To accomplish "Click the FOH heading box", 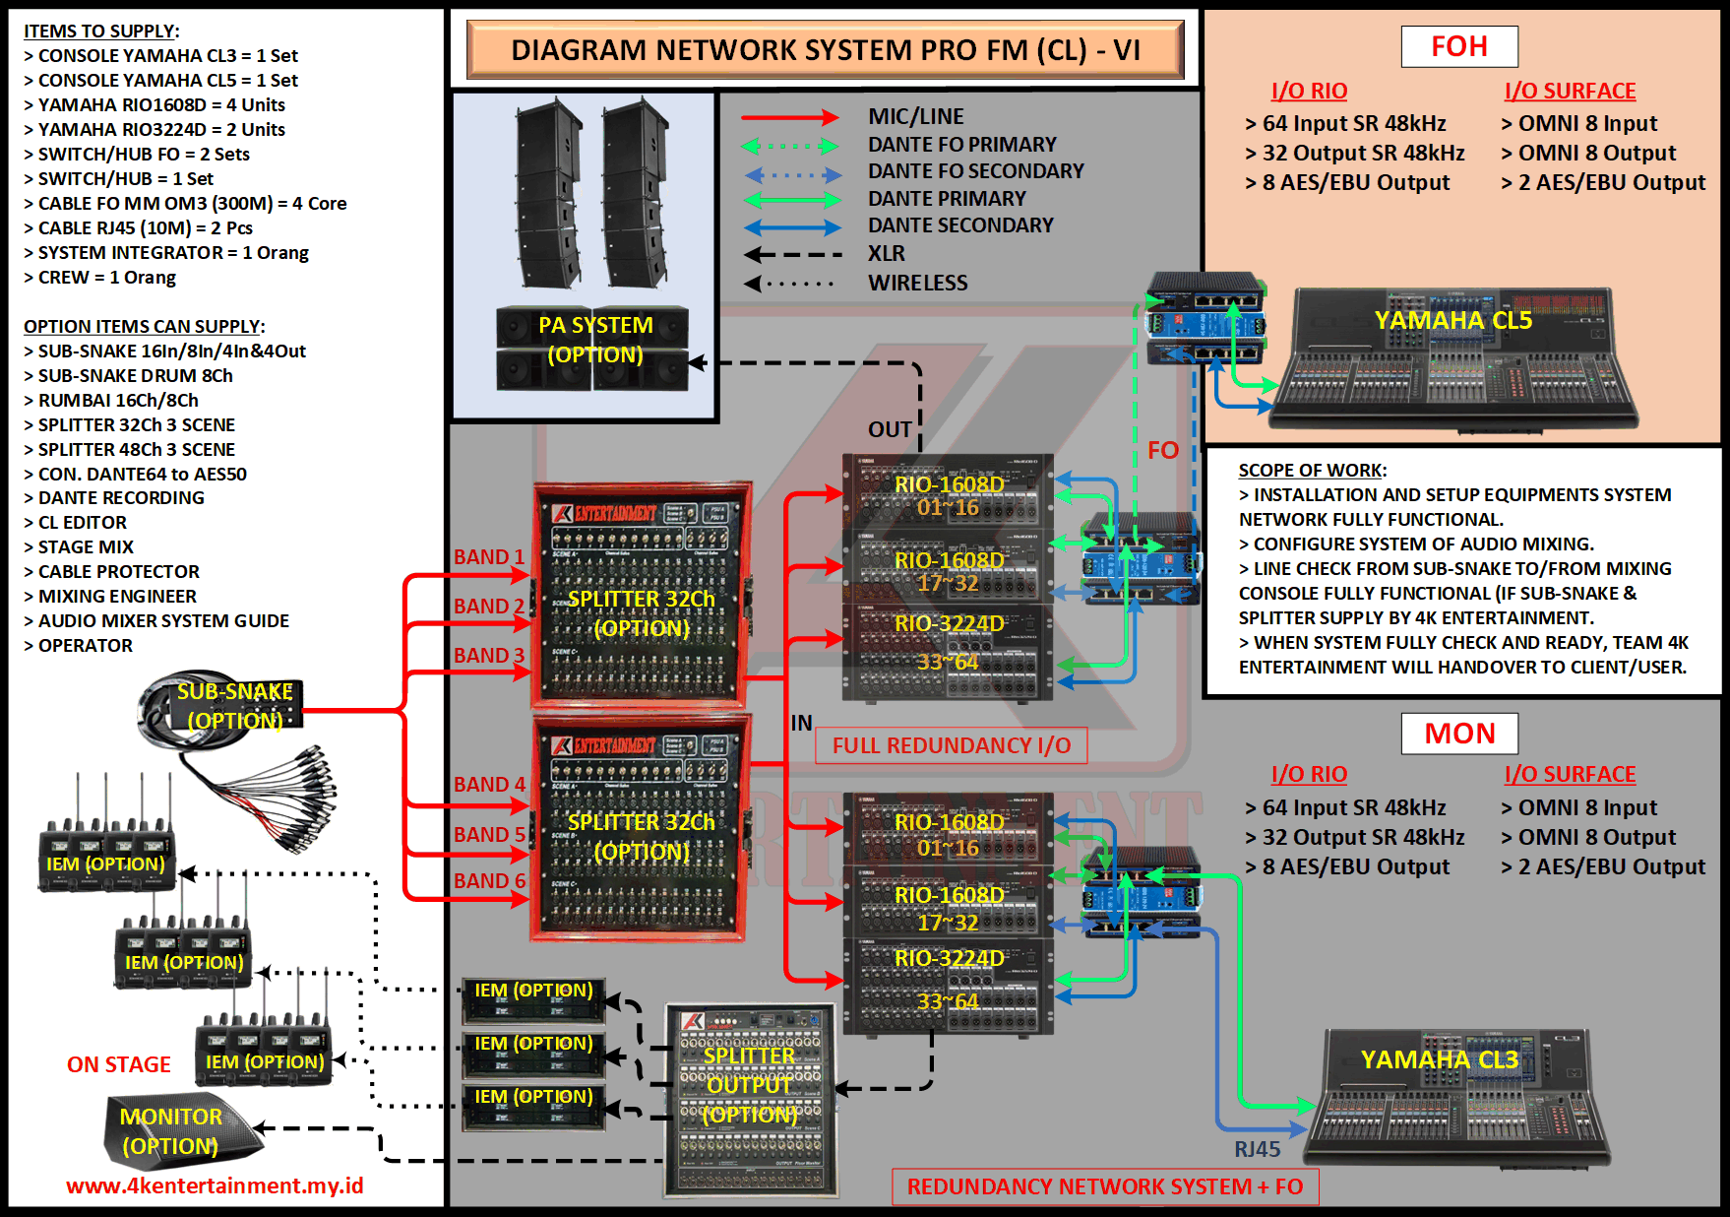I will (x=1459, y=46).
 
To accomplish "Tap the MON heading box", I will (x=1459, y=734).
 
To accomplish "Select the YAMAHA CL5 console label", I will (x=1452, y=320).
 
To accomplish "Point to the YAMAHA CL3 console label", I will (x=1439, y=1059).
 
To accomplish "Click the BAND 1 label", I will (x=488, y=557).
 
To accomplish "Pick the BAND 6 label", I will (x=488, y=881).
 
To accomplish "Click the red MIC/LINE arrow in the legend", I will (x=789, y=117).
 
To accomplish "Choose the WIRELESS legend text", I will (x=917, y=284).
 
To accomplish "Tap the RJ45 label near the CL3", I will (x=1258, y=1149).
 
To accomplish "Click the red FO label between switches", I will (x=1162, y=450).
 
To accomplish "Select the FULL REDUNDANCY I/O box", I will (x=951, y=745).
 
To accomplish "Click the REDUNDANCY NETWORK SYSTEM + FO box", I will (x=1104, y=1186).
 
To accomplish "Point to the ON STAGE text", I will (x=118, y=1064).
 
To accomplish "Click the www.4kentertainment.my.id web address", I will (x=215, y=1185).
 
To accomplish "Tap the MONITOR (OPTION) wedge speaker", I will (x=177, y=1132).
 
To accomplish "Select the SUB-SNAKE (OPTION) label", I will (x=234, y=706).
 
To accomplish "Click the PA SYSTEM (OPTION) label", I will (x=594, y=340).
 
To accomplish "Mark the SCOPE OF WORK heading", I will (x=1312, y=471).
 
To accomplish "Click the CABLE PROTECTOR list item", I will (x=118, y=572).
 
